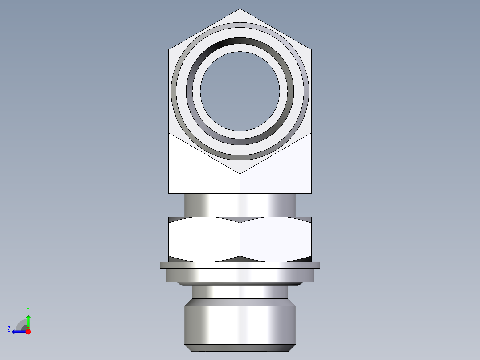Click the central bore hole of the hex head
(240, 91)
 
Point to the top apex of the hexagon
(240, 9)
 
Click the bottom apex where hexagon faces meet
(240, 173)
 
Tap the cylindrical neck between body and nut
(240, 205)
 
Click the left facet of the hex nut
(204, 239)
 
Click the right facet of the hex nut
(275, 239)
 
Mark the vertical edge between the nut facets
(240, 239)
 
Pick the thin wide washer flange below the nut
(240, 265)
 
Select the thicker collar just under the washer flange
(240, 276)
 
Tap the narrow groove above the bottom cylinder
(240, 291)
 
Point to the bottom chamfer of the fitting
(240, 348)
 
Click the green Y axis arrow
(28, 320)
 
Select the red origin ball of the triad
(28, 331)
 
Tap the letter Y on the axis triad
(28, 309)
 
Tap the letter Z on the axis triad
(9, 329)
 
